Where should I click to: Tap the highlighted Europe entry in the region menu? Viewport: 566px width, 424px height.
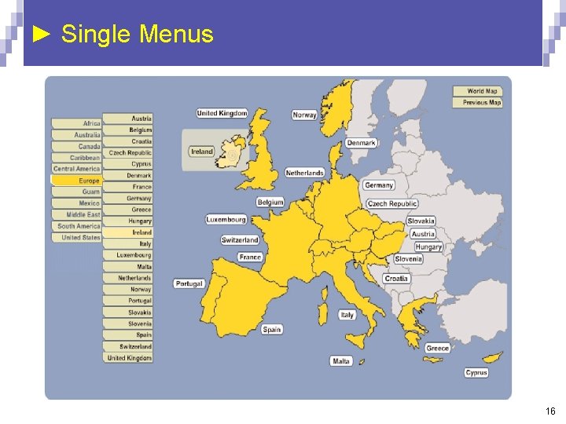(x=76, y=181)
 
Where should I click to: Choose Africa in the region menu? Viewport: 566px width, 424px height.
(x=76, y=123)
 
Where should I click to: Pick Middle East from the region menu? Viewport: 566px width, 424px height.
(x=76, y=214)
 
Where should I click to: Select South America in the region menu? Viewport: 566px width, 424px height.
(x=76, y=226)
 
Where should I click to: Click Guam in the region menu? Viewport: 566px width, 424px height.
(x=76, y=192)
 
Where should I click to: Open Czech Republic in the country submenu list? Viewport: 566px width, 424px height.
(x=128, y=153)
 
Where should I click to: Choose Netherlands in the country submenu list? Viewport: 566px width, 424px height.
(x=128, y=278)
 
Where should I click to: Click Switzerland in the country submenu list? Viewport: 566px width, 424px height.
(x=128, y=346)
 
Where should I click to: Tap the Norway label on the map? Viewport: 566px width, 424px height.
(x=304, y=115)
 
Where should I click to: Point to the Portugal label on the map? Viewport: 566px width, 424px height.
(x=189, y=283)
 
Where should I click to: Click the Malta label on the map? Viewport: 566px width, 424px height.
(x=341, y=361)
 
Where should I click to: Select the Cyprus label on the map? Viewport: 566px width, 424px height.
(x=476, y=372)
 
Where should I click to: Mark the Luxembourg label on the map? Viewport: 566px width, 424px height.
(x=226, y=219)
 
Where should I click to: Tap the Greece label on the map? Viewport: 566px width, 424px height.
(x=438, y=348)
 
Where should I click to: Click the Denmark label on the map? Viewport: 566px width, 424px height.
(x=362, y=143)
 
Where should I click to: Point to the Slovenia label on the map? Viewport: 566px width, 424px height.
(x=408, y=259)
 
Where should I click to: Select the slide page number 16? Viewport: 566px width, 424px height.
(x=550, y=411)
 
